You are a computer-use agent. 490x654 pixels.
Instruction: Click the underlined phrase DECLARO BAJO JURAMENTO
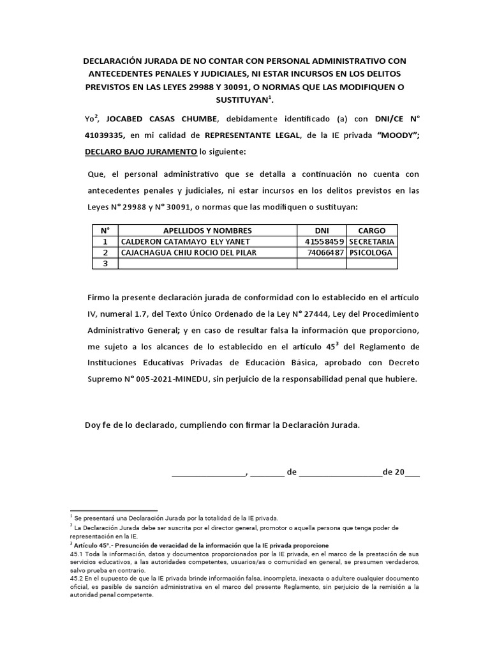tap(140, 151)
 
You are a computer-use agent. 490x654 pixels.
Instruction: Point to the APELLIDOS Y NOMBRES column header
tap(207, 231)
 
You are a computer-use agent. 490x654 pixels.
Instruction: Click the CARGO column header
tap(372, 231)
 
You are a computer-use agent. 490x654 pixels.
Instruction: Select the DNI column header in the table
tap(322, 231)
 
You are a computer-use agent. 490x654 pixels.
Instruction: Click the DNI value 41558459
tap(325, 241)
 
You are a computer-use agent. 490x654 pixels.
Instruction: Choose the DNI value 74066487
tap(325, 252)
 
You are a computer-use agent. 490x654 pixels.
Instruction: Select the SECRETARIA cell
tap(372, 241)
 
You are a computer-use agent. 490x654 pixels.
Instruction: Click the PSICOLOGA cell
tap(372, 252)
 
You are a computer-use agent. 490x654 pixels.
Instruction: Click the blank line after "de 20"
tap(413, 473)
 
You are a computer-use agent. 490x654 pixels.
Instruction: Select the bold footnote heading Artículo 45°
tap(93, 545)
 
